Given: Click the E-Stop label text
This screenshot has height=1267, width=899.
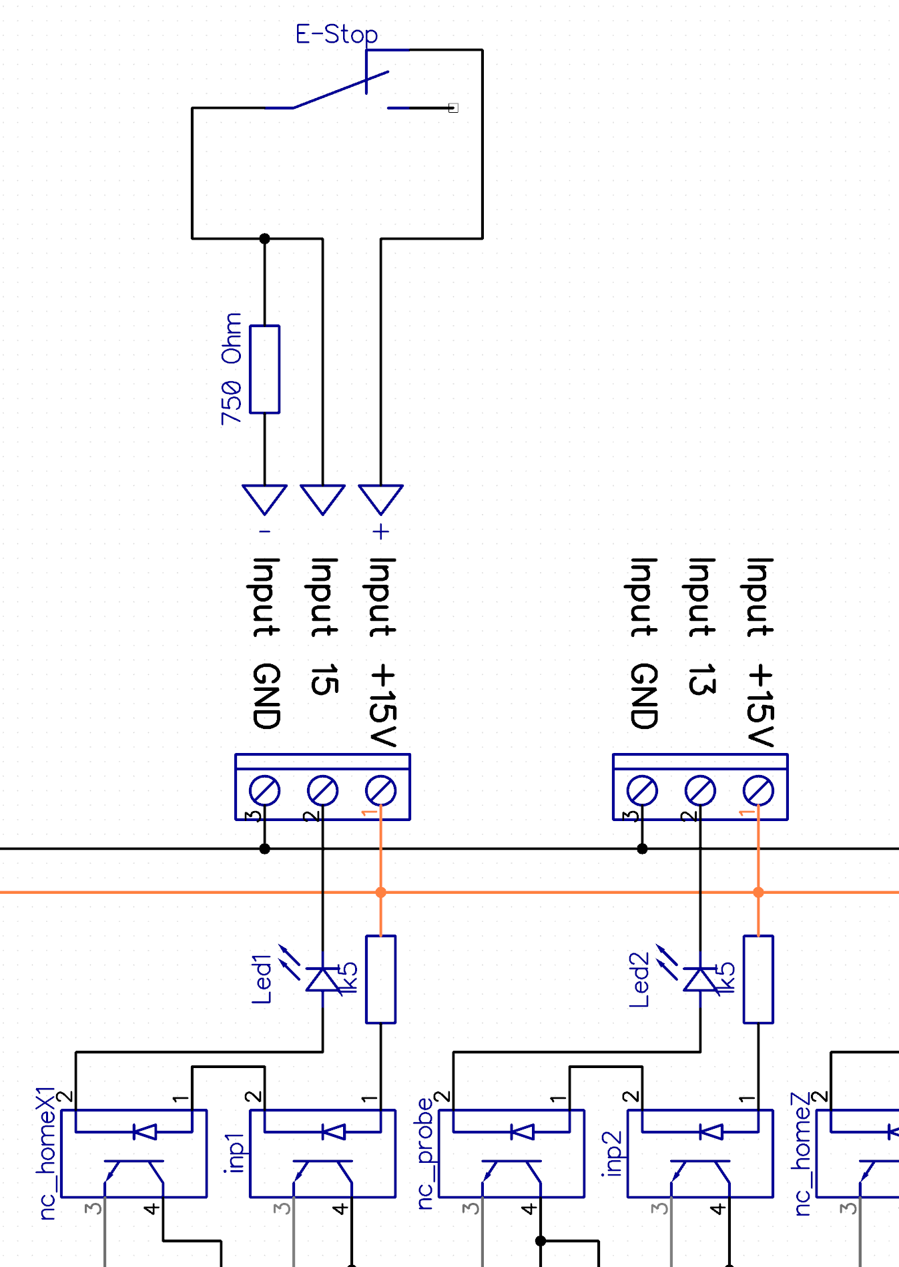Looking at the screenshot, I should [x=336, y=34].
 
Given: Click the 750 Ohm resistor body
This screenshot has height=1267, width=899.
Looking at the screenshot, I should [x=264, y=369].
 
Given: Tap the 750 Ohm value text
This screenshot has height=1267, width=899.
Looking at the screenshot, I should [x=232, y=369].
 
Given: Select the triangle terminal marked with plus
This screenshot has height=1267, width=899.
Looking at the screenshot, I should [x=380, y=498].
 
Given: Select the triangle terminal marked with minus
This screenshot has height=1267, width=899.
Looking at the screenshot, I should [x=264, y=498].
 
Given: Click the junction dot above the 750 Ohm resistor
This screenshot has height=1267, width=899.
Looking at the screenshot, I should [x=264, y=238].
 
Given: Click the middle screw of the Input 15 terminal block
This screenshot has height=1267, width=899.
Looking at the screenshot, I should [x=322, y=791].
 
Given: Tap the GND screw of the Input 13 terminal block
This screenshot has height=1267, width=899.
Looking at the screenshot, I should [x=642, y=791].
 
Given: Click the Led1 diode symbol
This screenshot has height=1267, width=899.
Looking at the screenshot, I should [x=322, y=979].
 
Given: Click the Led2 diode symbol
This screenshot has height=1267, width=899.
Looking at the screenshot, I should [x=700, y=979].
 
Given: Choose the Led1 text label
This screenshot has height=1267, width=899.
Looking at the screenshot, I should [x=262, y=979].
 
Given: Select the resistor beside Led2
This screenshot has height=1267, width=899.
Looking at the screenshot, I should [x=758, y=979].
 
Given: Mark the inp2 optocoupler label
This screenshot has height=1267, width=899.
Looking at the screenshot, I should [x=613, y=1153].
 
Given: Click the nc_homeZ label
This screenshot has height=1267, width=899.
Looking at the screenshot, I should [x=802, y=1153].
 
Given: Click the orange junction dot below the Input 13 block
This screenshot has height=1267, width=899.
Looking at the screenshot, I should [x=758, y=892].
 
